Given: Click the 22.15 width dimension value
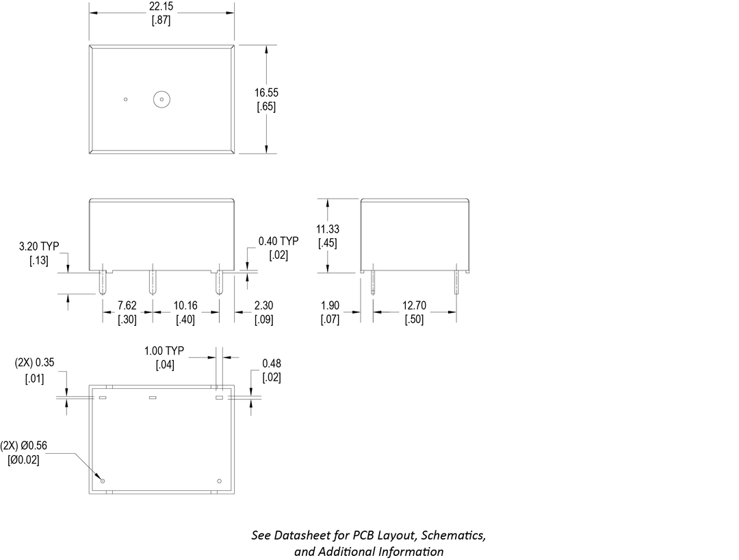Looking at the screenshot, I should click(161, 6).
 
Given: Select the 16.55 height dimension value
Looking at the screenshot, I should click(266, 92).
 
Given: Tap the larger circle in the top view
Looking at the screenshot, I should click(161, 99).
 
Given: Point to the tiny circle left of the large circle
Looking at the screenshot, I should click(126, 99).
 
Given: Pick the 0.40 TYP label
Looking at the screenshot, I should click(278, 241).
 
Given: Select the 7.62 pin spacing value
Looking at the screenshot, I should click(127, 305).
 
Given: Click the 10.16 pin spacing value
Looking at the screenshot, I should click(185, 305).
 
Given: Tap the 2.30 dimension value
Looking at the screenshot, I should click(263, 305).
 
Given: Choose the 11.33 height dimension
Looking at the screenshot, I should click(328, 229).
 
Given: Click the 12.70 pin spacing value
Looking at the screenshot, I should click(414, 305).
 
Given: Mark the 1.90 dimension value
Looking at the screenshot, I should click(330, 305).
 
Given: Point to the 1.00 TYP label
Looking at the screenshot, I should click(165, 351).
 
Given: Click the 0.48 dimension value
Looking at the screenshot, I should click(272, 364).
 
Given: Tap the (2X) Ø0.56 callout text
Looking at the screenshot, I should click(24, 446).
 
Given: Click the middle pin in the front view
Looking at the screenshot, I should click(152, 282).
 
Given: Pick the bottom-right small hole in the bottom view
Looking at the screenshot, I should click(219, 481).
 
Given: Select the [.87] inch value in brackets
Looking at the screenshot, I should click(161, 21).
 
